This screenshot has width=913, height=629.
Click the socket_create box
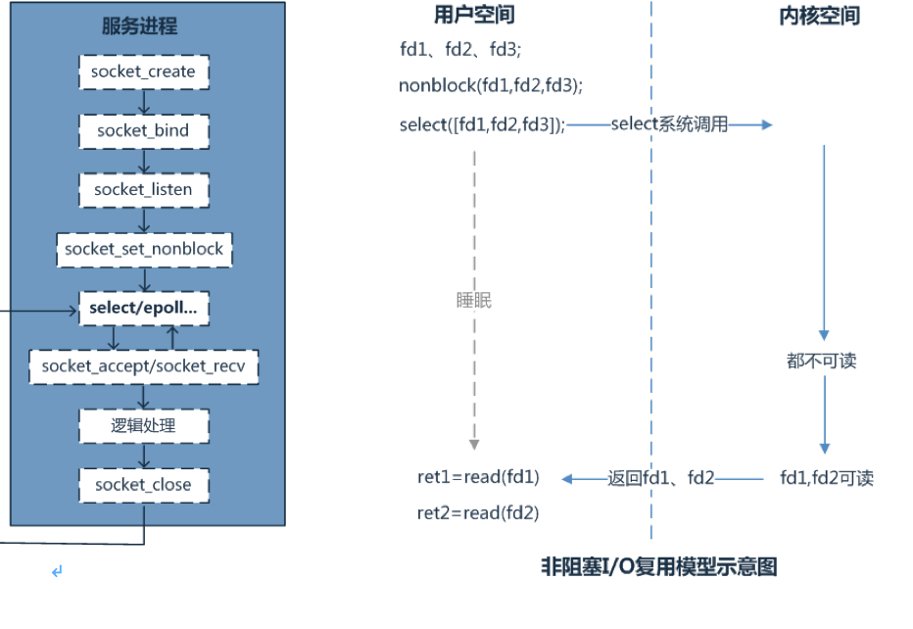144,73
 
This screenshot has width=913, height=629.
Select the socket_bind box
144,131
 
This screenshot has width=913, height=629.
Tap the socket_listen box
144,190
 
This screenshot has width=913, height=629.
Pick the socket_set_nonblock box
144,250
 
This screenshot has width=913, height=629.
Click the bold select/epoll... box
144,308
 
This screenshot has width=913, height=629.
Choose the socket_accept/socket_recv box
144,366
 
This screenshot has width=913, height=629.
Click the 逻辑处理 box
144,426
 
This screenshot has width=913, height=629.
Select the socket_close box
144,485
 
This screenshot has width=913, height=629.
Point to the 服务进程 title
140,25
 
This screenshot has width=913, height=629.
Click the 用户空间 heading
474,15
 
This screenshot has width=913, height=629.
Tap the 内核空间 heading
819,16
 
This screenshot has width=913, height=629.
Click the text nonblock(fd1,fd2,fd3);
490,85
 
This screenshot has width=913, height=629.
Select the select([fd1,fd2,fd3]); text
482,124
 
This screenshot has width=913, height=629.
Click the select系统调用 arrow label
669,123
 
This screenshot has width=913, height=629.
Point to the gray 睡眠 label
474,301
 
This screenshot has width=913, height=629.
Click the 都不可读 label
822,361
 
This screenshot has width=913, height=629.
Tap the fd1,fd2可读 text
827,478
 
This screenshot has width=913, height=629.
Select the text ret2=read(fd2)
478,513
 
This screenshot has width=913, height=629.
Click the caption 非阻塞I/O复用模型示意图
659,566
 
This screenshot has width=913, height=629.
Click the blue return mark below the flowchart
57,571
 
